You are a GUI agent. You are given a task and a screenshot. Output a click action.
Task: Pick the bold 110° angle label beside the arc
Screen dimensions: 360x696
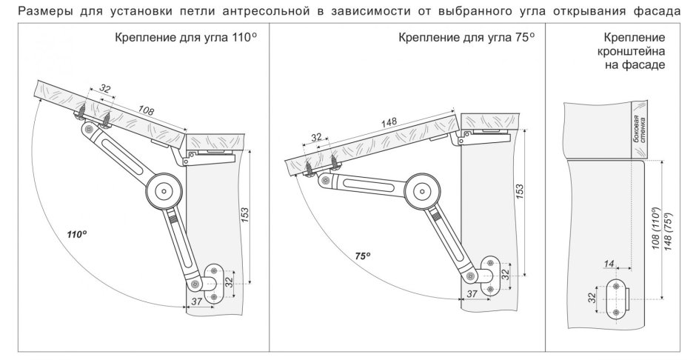pyautogui.click(x=76, y=234)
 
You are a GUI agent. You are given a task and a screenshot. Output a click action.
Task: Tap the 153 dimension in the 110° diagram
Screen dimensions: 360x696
pyautogui.click(x=245, y=216)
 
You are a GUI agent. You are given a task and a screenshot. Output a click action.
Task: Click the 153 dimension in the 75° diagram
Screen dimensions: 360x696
pyautogui.click(x=519, y=190)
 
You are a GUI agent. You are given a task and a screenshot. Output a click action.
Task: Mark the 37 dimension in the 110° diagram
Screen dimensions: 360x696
pyautogui.click(x=196, y=301)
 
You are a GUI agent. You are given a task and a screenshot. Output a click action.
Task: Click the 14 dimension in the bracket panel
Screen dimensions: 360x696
pyautogui.click(x=609, y=264)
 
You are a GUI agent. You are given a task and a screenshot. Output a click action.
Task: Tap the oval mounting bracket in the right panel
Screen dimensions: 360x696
pyautogui.click(x=615, y=299)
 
